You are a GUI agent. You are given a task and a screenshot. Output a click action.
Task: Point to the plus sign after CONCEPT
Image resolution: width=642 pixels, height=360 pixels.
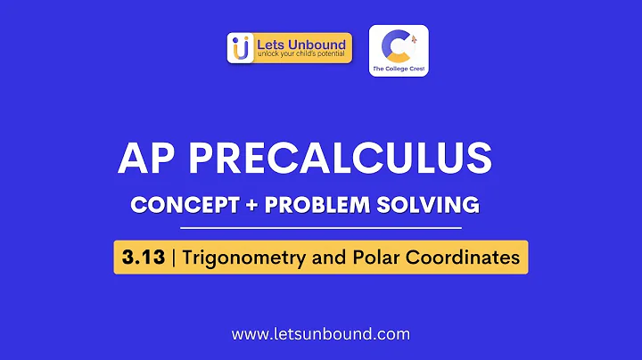246,205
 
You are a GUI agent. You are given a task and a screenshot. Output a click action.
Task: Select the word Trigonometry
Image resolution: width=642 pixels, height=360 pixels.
239,258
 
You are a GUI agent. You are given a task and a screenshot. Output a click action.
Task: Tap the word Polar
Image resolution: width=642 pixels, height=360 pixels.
367,258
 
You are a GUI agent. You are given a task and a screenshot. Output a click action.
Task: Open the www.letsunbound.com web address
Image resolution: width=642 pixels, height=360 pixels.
320,335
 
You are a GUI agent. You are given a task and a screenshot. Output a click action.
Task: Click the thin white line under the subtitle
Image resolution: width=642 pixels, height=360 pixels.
322,228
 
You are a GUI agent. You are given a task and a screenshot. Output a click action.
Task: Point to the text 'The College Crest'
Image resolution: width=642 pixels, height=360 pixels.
399,68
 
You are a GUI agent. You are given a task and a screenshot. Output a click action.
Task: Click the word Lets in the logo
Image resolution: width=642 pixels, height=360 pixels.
269,43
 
